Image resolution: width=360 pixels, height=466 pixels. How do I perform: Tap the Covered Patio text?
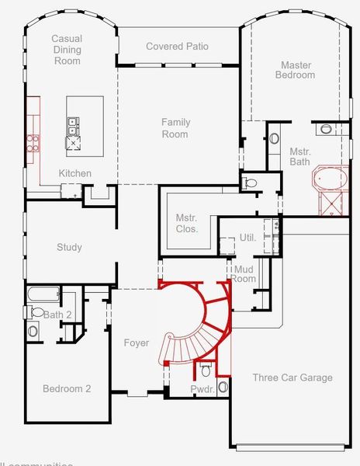[177, 47]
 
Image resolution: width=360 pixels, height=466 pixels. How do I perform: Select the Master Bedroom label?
[297, 70]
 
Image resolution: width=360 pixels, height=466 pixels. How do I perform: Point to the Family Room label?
[175, 128]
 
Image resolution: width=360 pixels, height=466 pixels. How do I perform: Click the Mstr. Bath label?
[299, 157]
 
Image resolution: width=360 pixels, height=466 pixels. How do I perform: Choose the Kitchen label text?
[75, 173]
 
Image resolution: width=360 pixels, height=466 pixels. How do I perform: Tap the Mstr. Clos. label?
[186, 223]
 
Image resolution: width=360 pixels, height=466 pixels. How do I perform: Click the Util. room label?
[247, 237]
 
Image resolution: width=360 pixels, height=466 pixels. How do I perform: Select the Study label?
[69, 248]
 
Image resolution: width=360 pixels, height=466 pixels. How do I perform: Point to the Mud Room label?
[244, 273]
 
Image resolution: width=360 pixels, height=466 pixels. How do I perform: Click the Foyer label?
[136, 343]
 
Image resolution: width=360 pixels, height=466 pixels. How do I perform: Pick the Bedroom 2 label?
[66, 388]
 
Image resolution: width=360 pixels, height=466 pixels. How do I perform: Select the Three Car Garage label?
[292, 377]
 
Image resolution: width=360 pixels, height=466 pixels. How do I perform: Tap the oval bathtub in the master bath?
[331, 181]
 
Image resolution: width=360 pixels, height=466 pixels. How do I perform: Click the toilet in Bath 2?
[36, 312]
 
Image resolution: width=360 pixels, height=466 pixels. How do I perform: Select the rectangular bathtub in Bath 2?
[43, 295]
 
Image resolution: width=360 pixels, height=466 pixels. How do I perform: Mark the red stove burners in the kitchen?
[33, 141]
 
